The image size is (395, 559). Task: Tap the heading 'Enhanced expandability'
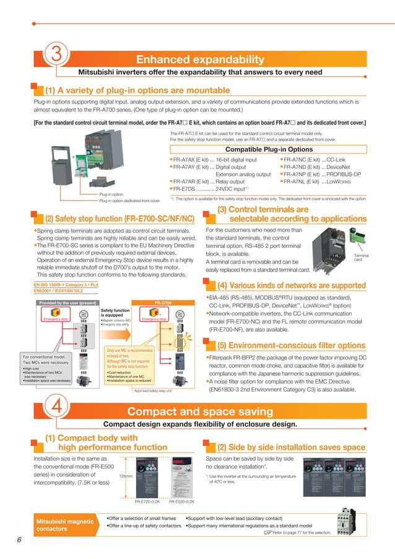click(x=200, y=59)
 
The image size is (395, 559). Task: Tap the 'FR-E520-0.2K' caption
click(x=181, y=501)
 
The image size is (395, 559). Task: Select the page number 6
click(x=19, y=540)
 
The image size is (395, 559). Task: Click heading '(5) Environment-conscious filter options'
click(x=291, y=345)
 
